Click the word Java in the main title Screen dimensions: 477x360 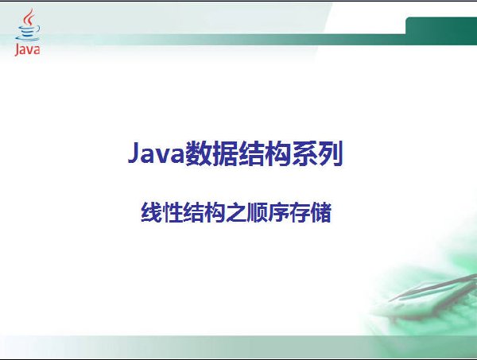tap(156, 153)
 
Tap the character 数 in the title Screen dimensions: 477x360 tap(198, 153)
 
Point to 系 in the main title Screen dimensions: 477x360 tap(304, 153)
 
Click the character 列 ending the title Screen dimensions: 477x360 tap(331, 153)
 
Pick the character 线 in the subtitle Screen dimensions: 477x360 tap(152, 212)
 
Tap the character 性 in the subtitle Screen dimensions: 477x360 tap(173, 212)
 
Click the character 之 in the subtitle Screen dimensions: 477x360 tap(236, 212)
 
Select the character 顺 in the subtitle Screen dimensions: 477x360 tap(257, 212)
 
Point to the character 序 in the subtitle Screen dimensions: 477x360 tap(278, 212)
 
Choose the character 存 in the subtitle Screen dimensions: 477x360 tap(300, 212)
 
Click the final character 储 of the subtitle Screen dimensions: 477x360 tap(320, 212)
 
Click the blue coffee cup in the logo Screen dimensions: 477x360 tap(27, 33)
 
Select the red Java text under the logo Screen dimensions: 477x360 tap(27, 50)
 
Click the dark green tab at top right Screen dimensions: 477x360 tap(441, 31)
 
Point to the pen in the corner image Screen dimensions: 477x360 tap(432, 288)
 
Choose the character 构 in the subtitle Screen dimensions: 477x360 tap(215, 212)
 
